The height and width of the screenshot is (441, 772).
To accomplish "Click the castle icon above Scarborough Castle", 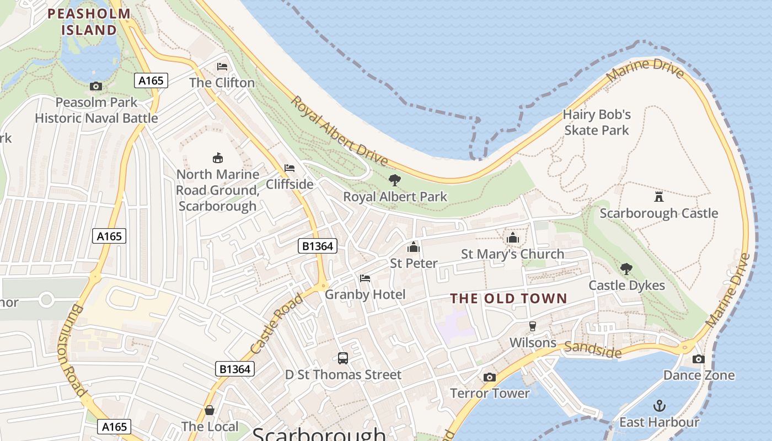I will point(658,197).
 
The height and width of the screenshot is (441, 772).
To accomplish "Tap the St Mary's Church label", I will point(512,254).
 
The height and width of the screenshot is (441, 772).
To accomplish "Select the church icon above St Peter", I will point(414,247).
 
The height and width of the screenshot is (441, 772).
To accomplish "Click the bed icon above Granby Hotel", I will point(365,278).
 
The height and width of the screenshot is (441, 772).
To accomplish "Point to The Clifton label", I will point(222,83).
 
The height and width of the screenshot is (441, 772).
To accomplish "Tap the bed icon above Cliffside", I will point(289,168).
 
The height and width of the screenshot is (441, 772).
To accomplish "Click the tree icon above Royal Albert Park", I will point(394,180).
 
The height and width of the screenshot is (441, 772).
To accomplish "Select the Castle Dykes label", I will point(626,286).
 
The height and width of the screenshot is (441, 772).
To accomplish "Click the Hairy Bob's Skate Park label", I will point(597,122).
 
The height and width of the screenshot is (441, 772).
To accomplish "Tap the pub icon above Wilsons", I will point(533,326).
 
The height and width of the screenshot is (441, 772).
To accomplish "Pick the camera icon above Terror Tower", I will point(489,377).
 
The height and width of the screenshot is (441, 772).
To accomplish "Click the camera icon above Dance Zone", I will point(699,359).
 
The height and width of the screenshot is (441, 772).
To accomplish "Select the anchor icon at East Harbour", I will point(659,406).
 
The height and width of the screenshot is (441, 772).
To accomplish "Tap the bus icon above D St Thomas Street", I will point(343,358).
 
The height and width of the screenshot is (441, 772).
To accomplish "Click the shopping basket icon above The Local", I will point(210,410).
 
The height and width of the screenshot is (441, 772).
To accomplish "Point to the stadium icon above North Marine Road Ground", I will point(218,158).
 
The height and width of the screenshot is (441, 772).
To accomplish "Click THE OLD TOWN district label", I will point(508,299).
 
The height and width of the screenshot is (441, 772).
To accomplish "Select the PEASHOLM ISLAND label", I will point(89,21).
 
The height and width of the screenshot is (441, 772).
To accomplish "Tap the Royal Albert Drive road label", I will point(339,131).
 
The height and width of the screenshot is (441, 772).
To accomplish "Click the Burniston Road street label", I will point(72,349).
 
